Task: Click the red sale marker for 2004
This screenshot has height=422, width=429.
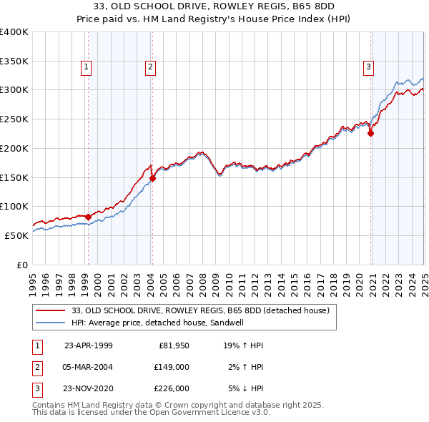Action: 153,178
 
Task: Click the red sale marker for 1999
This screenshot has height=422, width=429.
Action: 88,217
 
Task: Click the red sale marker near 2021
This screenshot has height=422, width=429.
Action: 371,133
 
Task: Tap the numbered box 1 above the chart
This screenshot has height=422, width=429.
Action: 86,68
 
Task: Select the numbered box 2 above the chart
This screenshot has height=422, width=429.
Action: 151,68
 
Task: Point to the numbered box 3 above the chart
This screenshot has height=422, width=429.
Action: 369,68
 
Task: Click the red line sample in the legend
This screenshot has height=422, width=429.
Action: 51,310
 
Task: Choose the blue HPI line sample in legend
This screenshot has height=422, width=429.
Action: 51,323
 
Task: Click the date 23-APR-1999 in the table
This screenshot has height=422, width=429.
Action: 89,345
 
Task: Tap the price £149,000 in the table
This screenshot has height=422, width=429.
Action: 172,367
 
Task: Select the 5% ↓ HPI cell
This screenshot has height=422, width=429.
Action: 246,388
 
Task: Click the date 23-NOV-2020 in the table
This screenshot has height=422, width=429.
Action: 89,388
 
